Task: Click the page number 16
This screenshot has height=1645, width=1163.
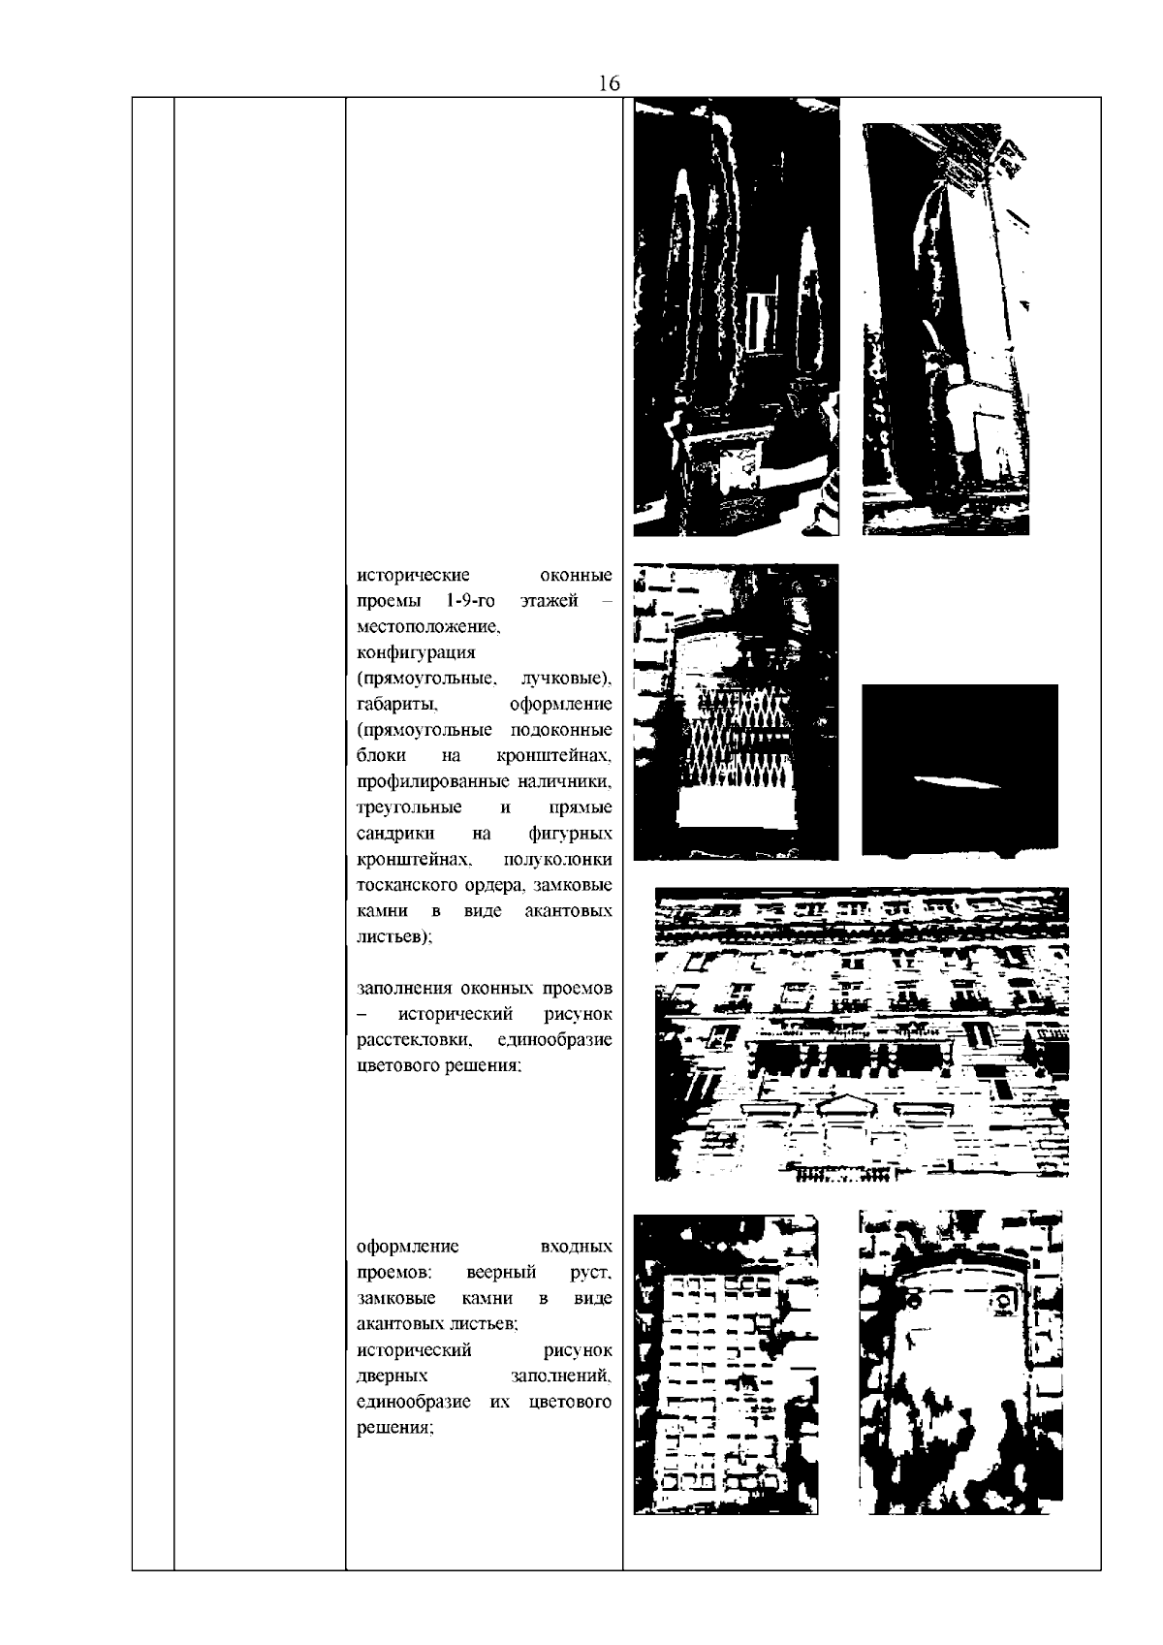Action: click(610, 83)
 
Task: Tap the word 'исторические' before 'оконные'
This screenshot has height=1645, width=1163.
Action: click(413, 574)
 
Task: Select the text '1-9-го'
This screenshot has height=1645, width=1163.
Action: click(470, 600)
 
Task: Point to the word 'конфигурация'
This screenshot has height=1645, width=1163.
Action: click(416, 652)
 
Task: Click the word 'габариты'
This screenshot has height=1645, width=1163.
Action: click(396, 705)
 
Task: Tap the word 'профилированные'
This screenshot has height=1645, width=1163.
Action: click(433, 781)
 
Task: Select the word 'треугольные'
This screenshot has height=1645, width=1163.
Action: click(409, 807)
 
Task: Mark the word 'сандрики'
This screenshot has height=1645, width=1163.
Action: click(395, 834)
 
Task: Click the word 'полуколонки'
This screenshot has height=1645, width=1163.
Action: click(558, 859)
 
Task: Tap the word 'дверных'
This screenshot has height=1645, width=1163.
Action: click(393, 1376)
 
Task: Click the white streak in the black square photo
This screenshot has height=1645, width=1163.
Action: click(956, 782)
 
